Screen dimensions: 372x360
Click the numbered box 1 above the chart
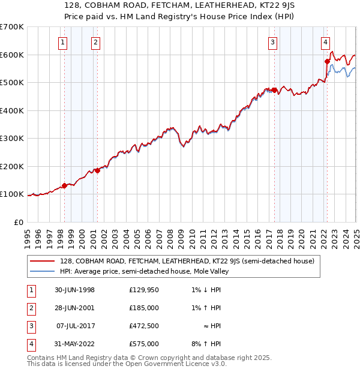click(x=63, y=42)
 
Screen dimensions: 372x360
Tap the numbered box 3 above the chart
click(x=272, y=42)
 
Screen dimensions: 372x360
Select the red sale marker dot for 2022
click(x=327, y=61)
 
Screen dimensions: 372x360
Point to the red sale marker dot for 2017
click(x=274, y=90)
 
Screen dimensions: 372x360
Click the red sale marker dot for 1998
click(x=65, y=185)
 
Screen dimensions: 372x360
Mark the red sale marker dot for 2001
click(x=97, y=170)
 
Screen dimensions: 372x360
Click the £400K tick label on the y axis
click(x=13, y=110)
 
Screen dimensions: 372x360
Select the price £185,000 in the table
click(x=144, y=308)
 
